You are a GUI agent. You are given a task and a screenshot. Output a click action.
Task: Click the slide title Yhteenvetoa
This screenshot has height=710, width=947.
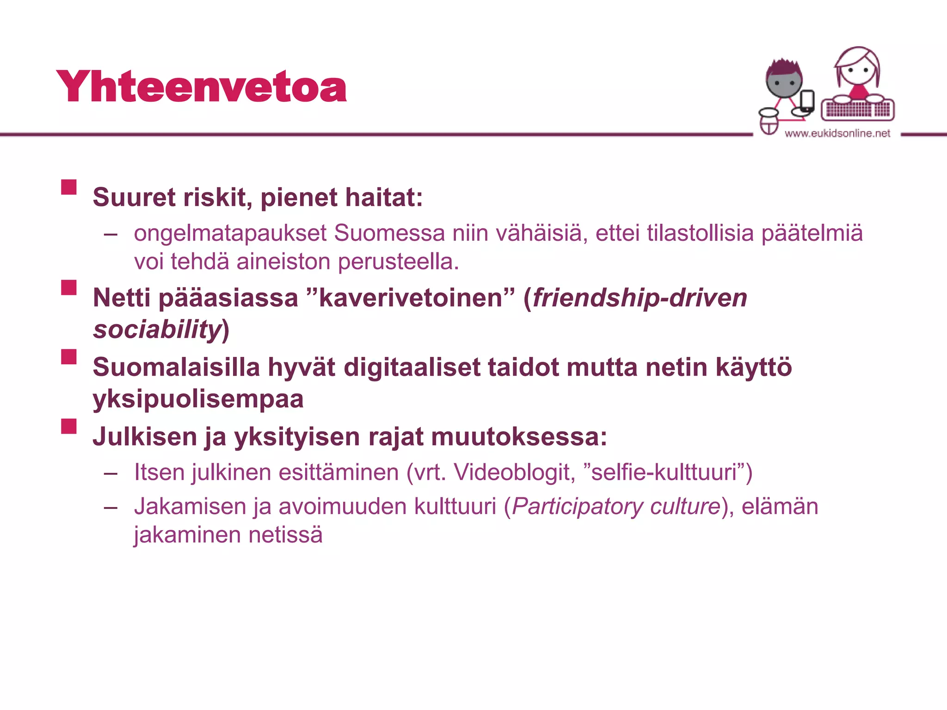click(x=201, y=86)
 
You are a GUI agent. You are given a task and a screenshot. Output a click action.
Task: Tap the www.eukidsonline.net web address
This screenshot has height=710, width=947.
click(x=837, y=134)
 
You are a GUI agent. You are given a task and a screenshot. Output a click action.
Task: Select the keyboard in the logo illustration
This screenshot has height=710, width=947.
click(x=858, y=110)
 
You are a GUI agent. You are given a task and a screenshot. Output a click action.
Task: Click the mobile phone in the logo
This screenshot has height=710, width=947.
click(x=807, y=100)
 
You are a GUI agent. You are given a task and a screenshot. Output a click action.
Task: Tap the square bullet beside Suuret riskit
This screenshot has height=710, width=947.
click(x=69, y=187)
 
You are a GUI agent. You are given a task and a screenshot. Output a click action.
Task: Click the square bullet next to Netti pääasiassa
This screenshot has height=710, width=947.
click(x=69, y=287)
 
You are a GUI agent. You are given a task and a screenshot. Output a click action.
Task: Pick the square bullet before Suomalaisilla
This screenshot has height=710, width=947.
click(x=69, y=357)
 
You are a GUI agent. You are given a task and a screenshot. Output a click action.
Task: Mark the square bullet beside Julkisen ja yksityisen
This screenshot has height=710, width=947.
click(x=69, y=426)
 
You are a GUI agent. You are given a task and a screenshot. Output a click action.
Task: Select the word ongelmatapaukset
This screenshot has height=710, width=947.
click(x=230, y=233)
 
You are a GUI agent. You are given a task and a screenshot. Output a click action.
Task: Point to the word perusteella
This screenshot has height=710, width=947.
click(x=398, y=262)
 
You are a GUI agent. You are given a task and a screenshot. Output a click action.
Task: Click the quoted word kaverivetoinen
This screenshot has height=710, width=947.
click(x=410, y=298)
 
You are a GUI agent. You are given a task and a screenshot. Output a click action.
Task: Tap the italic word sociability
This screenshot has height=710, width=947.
click(x=157, y=330)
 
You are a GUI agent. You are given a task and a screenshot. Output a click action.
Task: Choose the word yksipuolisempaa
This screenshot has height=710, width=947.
click(x=198, y=399)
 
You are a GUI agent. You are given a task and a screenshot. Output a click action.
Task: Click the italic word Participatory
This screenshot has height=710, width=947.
click(x=577, y=507)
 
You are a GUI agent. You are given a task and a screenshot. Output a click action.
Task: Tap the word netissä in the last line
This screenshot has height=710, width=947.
click(x=285, y=535)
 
